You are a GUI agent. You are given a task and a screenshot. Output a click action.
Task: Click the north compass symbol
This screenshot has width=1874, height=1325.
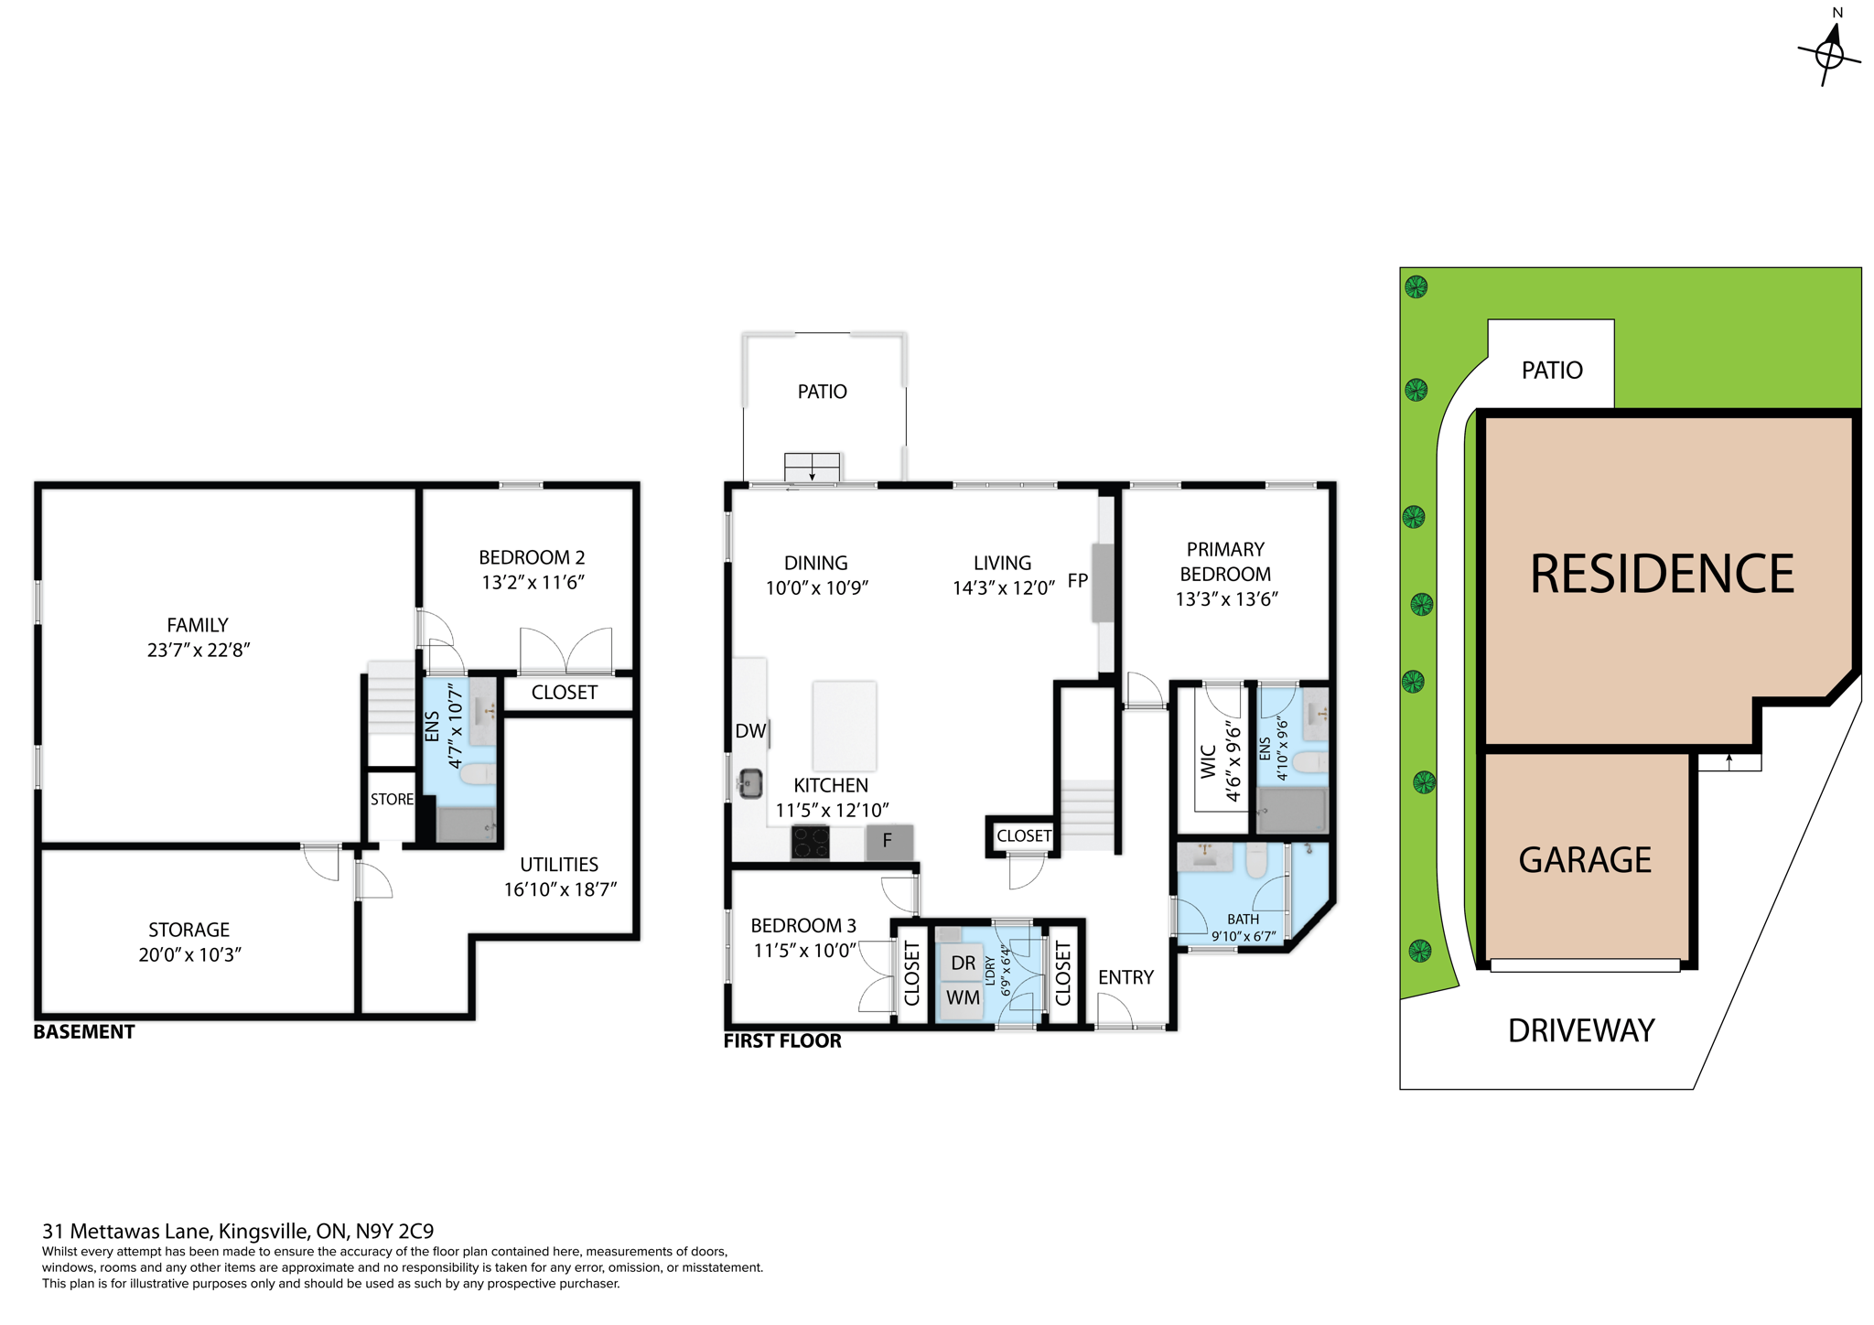click(1829, 53)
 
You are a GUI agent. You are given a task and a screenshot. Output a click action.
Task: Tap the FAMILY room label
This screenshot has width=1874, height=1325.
click(198, 625)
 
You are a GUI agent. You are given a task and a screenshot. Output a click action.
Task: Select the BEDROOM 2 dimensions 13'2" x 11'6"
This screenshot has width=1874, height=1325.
click(533, 582)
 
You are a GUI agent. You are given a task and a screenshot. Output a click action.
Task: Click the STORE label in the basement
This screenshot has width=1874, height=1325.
click(392, 799)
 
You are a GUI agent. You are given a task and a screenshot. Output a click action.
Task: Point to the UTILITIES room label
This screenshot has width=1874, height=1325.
click(559, 865)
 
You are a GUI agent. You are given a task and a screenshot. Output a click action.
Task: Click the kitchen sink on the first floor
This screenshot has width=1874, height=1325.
click(751, 783)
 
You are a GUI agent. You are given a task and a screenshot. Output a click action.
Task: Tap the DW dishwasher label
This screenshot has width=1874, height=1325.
click(750, 731)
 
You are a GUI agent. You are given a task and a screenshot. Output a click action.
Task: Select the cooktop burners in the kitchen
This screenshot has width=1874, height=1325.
click(810, 842)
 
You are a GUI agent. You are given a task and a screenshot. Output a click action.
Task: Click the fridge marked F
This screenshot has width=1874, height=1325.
click(889, 840)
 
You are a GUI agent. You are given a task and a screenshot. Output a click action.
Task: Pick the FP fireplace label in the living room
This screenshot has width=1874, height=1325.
click(1078, 580)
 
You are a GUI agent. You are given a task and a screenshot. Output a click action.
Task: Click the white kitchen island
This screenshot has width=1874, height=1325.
click(844, 726)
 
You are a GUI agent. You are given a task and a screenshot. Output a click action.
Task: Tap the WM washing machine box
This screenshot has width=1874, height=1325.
click(963, 997)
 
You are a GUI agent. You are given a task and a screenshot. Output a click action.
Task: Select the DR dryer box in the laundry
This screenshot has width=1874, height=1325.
click(963, 963)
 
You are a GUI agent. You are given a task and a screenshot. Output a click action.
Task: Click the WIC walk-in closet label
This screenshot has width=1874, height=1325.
click(1208, 761)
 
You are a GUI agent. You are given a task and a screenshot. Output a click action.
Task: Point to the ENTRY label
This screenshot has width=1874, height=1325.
click(1125, 977)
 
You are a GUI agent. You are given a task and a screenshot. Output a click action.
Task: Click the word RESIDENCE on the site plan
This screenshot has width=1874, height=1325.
click(1662, 575)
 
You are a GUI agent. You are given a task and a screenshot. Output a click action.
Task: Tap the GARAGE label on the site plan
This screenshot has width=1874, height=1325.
click(1585, 860)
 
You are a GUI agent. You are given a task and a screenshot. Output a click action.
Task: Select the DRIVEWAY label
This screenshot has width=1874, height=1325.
click(1581, 1031)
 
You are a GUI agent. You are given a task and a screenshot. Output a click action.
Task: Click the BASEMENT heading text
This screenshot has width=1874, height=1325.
click(84, 1032)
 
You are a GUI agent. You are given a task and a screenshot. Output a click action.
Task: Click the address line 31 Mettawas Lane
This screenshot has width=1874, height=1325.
click(238, 1231)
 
